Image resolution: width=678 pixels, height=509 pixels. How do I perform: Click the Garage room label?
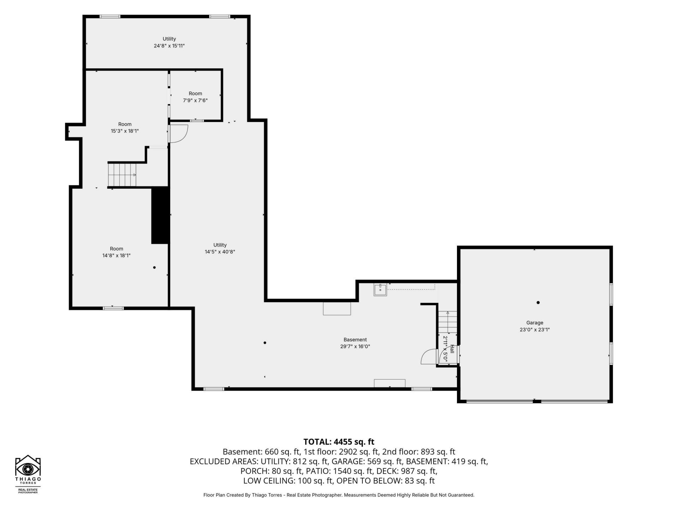coord(535,323)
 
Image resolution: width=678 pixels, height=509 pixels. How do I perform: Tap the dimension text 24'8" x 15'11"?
coord(169,46)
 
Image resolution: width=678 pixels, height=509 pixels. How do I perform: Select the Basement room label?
coord(355,340)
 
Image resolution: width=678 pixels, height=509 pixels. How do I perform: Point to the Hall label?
coord(452,349)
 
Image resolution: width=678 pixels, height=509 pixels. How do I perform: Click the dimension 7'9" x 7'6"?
coord(195,100)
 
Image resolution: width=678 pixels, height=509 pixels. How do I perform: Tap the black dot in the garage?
coord(538,303)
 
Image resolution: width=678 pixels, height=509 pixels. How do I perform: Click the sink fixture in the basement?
coord(380,289)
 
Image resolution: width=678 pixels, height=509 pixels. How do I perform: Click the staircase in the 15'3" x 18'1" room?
coord(122,175)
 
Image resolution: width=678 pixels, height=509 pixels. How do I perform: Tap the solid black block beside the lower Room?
coord(160,215)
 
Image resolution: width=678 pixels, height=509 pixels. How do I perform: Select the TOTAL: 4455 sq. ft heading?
coord(339,442)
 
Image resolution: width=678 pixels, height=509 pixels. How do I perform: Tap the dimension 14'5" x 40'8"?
coord(220,252)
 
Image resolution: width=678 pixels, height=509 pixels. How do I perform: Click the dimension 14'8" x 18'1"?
coord(117,256)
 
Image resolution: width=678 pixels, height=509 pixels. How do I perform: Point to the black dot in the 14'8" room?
coord(154,268)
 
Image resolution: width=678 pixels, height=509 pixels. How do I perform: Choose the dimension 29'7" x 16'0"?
coord(355,347)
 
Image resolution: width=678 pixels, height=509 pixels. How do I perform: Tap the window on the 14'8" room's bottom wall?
coord(113,308)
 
